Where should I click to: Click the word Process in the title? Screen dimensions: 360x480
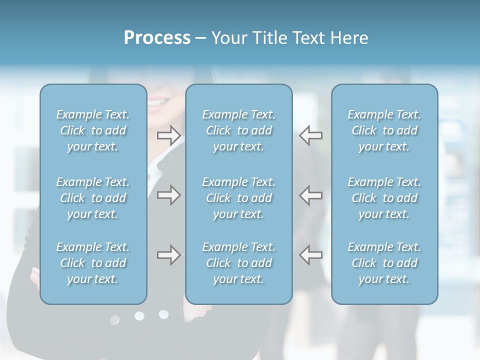(x=157, y=38)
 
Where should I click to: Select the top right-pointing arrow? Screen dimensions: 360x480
(x=168, y=135)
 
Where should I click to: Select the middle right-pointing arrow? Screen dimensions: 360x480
(x=168, y=195)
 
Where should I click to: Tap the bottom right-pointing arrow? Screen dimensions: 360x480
(x=168, y=255)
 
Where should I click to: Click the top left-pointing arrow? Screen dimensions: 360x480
(x=311, y=135)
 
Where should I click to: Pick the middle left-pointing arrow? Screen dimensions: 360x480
(x=311, y=195)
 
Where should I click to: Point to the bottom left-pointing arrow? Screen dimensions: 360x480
(x=311, y=255)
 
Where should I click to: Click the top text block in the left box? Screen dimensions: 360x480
(x=93, y=130)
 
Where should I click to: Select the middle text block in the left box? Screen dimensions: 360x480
(x=93, y=198)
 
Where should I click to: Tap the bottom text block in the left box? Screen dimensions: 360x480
(x=93, y=263)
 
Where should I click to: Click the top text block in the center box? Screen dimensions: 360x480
(x=239, y=130)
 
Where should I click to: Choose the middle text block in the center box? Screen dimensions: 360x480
(x=239, y=198)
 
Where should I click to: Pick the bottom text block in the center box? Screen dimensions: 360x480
(x=239, y=263)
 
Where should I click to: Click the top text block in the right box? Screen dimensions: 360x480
(x=384, y=130)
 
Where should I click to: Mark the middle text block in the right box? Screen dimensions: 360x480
(x=384, y=198)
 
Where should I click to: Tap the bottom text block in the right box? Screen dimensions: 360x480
(x=384, y=263)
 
